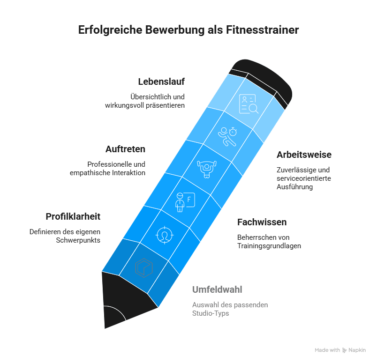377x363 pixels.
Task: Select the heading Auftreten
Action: coord(125,149)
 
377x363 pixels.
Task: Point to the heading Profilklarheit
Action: coord(73,217)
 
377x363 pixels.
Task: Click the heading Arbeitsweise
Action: coord(304,155)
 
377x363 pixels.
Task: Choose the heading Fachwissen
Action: coord(262,222)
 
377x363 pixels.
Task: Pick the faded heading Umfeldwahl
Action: coord(217,289)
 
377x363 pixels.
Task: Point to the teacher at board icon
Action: coord(184,201)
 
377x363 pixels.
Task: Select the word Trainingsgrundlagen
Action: coord(269,245)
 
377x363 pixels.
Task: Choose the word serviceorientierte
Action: coord(304,178)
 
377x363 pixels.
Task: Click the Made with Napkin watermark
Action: coord(340,350)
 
